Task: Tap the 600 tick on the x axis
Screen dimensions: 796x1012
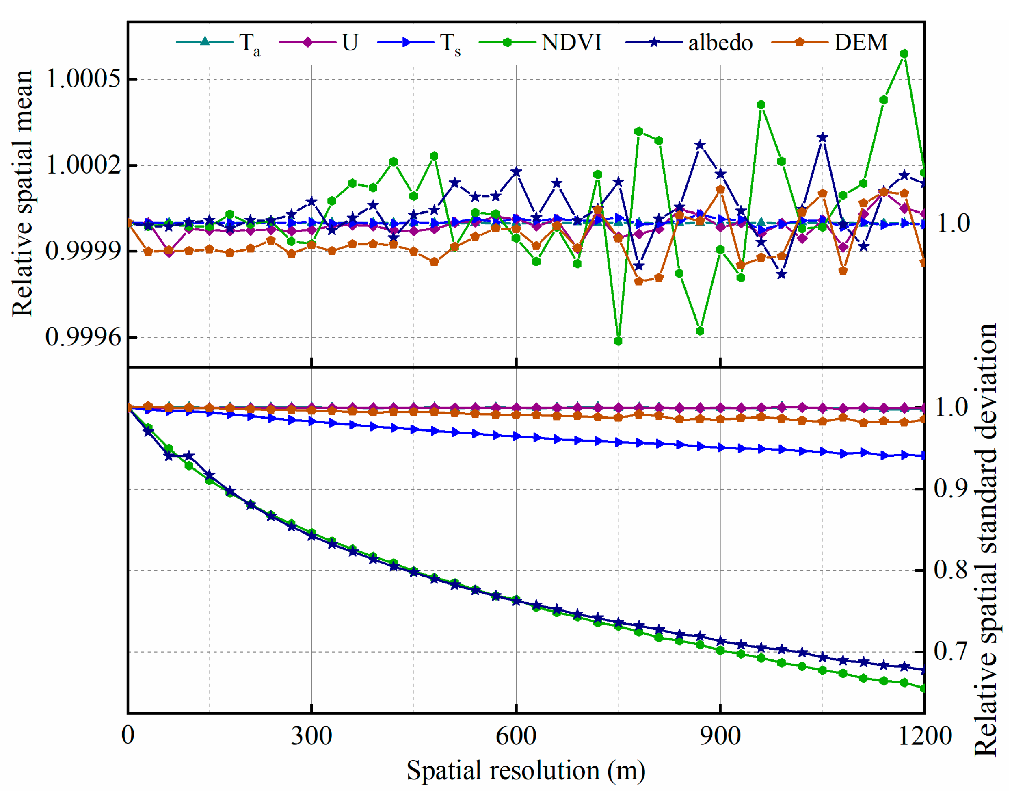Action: [516, 736]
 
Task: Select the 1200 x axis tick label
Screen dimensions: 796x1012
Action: [924, 736]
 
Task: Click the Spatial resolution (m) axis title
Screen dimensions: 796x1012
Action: [526, 770]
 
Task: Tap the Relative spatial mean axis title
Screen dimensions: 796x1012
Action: [22, 193]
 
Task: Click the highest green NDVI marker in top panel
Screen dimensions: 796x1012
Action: [904, 54]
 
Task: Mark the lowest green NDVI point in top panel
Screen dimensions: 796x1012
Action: [618, 341]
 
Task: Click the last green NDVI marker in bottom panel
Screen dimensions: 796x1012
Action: [924, 688]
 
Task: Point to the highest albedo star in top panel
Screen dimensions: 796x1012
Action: [822, 137]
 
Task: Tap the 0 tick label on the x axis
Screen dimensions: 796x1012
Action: [128, 736]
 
